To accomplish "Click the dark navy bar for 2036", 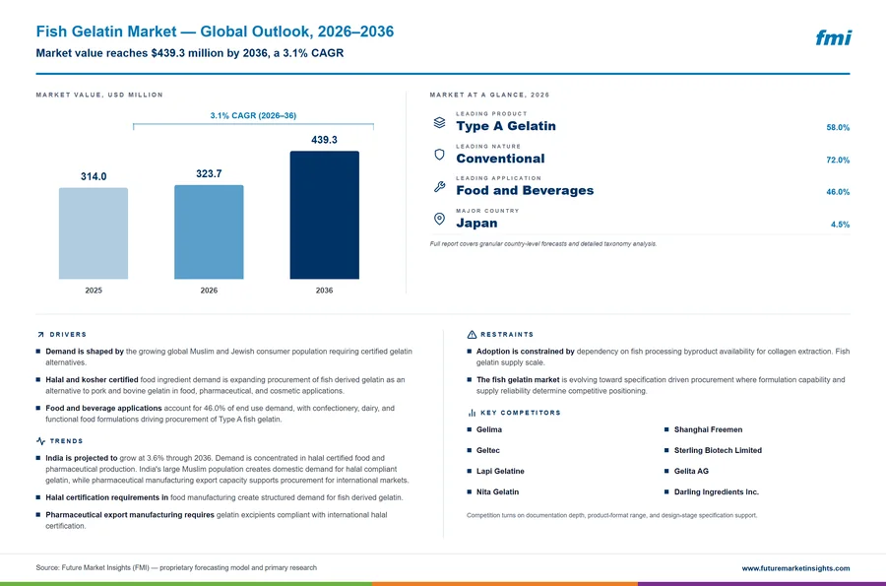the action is (x=324, y=215).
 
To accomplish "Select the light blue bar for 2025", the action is (x=94, y=233).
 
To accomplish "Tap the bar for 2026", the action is (x=209, y=231).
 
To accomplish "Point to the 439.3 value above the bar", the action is (x=324, y=140).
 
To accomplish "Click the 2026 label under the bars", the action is (x=209, y=291).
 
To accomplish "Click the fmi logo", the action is (x=834, y=37).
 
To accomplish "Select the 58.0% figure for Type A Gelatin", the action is (x=838, y=128).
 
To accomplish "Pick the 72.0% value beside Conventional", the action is (x=838, y=160).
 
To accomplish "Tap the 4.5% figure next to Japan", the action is (x=841, y=225).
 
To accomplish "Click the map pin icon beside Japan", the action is (x=440, y=219).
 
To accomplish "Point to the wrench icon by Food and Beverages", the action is (x=440, y=186).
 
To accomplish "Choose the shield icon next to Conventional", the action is (x=440, y=155).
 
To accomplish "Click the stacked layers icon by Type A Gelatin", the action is (x=440, y=122).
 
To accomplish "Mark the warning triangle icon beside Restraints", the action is (x=472, y=335).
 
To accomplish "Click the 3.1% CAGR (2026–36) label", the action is (x=253, y=115).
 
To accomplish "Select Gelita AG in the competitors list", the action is (x=691, y=472).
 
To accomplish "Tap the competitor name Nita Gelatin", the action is (x=497, y=492).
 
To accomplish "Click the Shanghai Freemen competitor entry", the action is (x=708, y=429).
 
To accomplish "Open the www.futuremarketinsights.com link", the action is (x=795, y=568).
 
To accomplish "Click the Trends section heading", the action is (x=66, y=441).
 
